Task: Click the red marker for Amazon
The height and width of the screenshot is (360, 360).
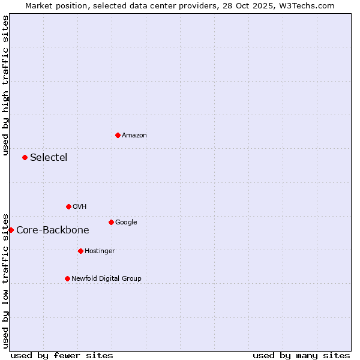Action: (118, 135)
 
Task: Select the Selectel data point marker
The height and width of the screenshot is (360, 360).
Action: (25, 157)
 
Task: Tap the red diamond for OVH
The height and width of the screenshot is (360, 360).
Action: (68, 206)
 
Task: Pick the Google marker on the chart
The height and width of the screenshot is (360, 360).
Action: (111, 222)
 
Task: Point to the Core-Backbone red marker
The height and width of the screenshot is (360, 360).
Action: (11, 230)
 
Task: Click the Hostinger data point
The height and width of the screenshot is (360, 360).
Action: (80, 251)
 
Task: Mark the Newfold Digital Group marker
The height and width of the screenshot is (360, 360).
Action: (67, 278)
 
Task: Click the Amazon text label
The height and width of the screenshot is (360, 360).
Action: (134, 136)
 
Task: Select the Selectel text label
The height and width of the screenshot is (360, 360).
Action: (49, 158)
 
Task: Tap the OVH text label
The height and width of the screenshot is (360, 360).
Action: (80, 207)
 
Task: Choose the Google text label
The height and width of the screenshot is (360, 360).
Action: (126, 223)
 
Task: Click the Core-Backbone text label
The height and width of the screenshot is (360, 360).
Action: (53, 230)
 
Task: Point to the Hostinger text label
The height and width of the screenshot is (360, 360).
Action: (100, 251)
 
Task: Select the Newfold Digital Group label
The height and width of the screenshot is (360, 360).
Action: (106, 279)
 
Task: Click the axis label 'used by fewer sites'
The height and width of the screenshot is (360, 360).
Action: (62, 355)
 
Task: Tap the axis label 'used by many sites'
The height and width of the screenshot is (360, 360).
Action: (301, 355)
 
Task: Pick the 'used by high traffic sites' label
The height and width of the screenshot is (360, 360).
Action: (5, 85)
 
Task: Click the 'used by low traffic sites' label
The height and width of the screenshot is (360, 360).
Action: (5, 281)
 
